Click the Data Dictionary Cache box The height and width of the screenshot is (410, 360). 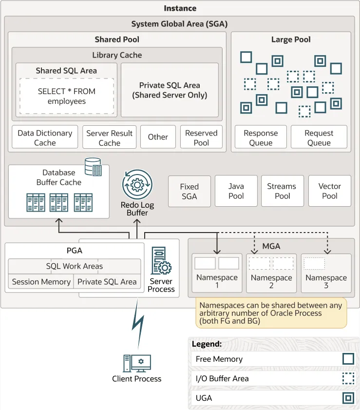click(45, 137)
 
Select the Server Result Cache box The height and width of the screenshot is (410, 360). click(110, 137)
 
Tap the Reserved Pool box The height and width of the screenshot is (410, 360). click(201, 137)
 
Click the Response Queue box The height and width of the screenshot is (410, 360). click(261, 137)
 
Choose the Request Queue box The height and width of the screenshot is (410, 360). click(319, 137)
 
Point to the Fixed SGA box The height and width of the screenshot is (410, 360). click(189, 192)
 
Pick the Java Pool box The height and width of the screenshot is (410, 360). click(236, 191)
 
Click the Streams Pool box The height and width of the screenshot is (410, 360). click(283, 191)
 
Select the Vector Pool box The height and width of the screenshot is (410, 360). click(330, 191)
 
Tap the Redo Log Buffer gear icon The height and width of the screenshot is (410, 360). click(137, 185)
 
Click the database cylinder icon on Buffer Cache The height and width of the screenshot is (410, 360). click(93, 167)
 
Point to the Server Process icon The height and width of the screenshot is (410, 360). click(161, 260)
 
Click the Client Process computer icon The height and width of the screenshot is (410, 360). click(137, 364)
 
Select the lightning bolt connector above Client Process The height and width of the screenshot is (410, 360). click(138, 324)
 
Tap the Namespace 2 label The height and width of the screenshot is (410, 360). click(271, 281)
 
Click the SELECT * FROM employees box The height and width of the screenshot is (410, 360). click(67, 96)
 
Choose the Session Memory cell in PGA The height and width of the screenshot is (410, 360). click(41, 282)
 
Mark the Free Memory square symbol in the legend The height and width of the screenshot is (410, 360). click(348, 359)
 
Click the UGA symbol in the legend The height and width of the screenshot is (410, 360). click(348, 398)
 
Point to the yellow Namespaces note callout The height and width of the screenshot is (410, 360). click(271, 313)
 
